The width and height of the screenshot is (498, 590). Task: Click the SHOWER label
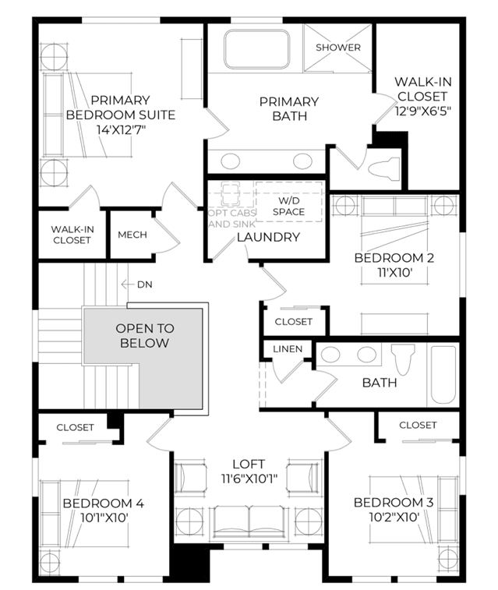337,48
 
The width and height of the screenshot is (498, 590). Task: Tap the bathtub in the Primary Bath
257,49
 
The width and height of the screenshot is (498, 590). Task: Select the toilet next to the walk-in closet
383,168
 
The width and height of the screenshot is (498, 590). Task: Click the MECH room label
132,235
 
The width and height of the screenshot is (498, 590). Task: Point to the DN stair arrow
128,284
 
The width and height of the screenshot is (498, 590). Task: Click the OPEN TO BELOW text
145,336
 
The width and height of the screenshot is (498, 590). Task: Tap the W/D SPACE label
289,207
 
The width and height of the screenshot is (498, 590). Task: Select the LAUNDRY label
269,237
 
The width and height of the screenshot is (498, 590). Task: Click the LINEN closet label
288,349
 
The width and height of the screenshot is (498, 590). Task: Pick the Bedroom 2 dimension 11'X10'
395,273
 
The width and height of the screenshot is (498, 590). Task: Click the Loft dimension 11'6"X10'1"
249,479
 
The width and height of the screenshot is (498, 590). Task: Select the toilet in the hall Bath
403,360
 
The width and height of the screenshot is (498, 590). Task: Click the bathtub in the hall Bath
443,375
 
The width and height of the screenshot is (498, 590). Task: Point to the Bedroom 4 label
104,503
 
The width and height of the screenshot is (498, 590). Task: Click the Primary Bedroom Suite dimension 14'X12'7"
121,130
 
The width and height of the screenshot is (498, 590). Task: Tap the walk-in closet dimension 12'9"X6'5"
422,111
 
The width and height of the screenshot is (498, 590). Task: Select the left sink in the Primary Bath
230,161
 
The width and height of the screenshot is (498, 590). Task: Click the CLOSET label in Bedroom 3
418,426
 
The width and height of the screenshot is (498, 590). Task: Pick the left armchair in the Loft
191,478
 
